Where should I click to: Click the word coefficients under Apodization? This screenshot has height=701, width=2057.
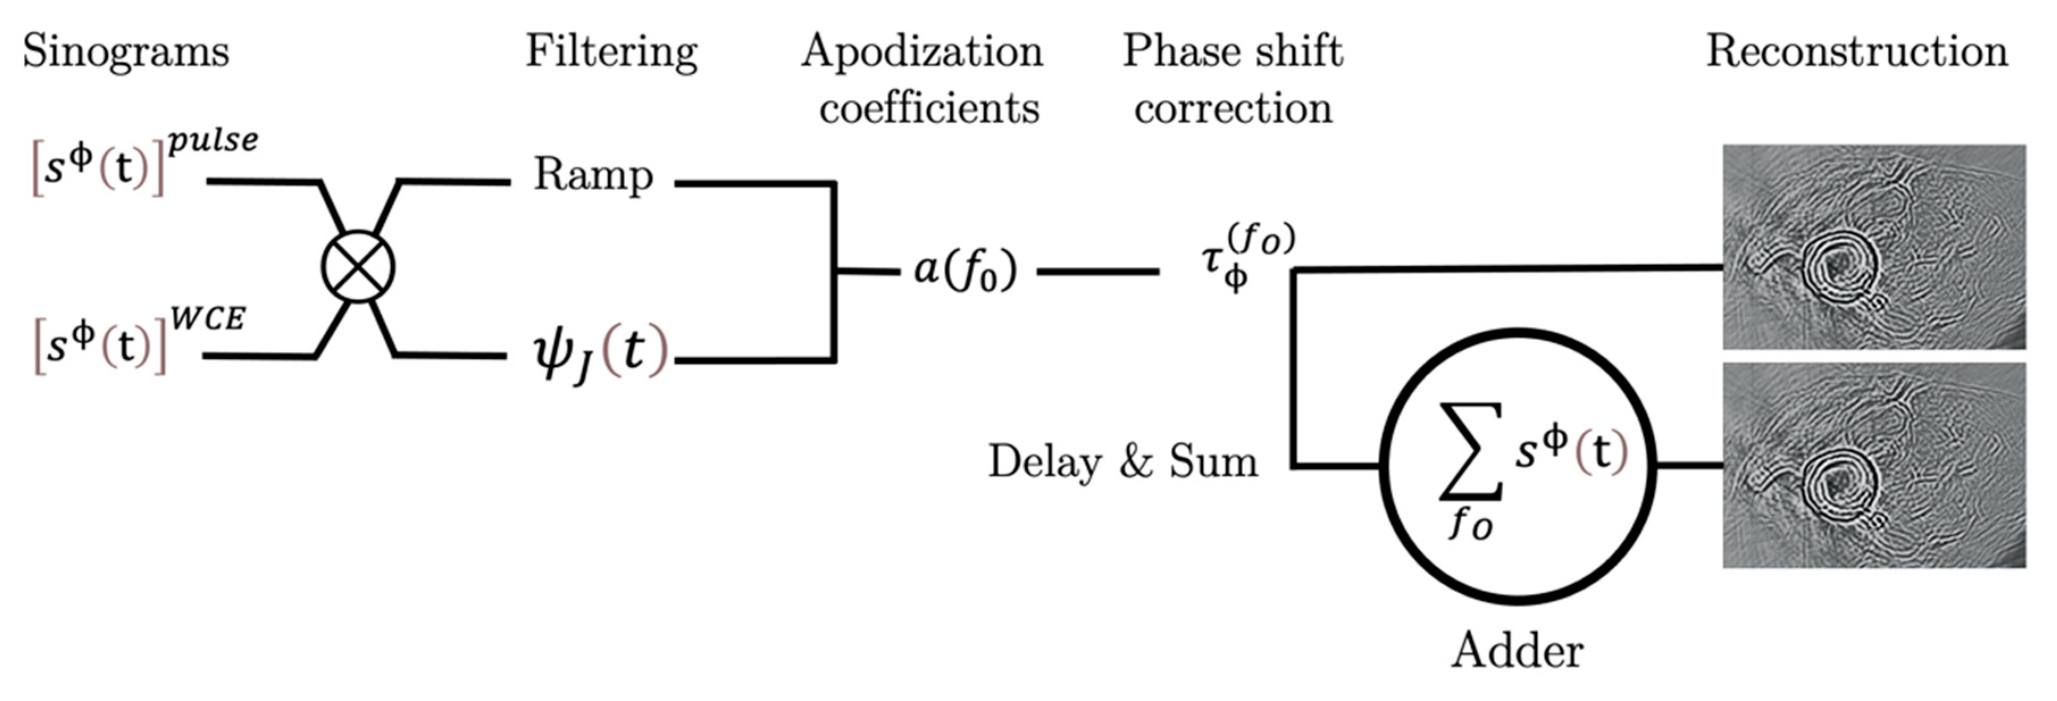click(929, 108)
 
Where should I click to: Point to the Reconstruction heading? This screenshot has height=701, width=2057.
click(1857, 51)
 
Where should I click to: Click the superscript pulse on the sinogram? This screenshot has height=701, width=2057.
click(213, 141)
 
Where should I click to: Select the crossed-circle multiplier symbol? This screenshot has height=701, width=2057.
click(358, 267)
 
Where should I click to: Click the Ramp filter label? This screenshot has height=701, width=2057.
click(592, 175)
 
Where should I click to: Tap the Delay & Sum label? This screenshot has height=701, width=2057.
click(1123, 461)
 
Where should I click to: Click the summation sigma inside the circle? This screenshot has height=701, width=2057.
click(1471, 451)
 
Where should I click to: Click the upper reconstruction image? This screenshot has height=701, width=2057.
click(1874, 247)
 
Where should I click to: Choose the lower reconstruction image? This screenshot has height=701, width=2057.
click(1874, 465)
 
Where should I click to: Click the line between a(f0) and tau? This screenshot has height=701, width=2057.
click(1098, 271)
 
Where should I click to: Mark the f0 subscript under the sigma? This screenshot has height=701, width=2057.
click(1471, 524)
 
